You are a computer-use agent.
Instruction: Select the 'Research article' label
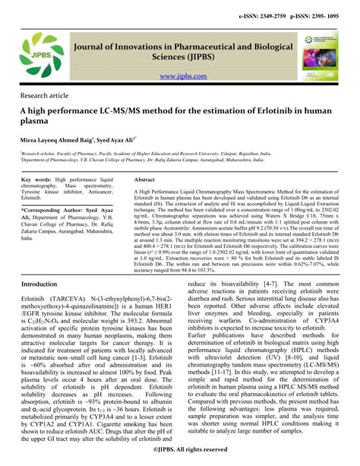click(43, 97)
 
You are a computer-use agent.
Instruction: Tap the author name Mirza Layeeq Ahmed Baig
click(58, 141)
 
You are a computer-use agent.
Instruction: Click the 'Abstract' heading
click(144, 179)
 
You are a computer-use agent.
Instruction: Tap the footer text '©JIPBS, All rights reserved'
click(180, 451)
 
